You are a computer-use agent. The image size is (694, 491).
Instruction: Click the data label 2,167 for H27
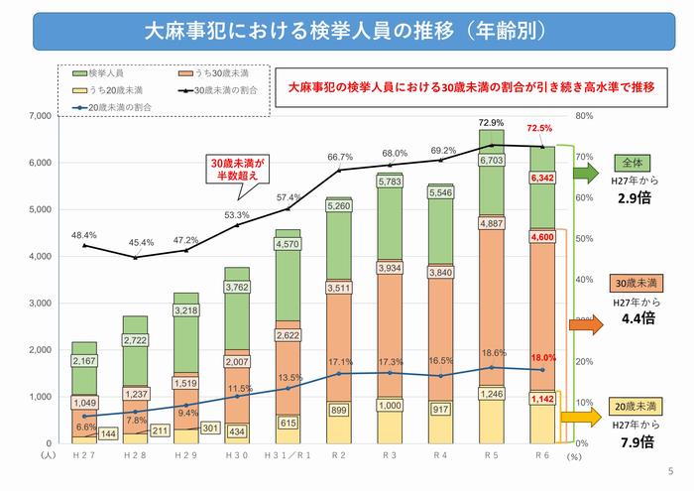click(x=83, y=361)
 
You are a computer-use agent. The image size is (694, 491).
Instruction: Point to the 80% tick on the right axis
click(x=584, y=116)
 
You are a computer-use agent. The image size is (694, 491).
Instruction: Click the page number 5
click(x=671, y=471)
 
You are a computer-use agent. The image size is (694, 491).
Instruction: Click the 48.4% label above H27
click(x=83, y=235)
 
